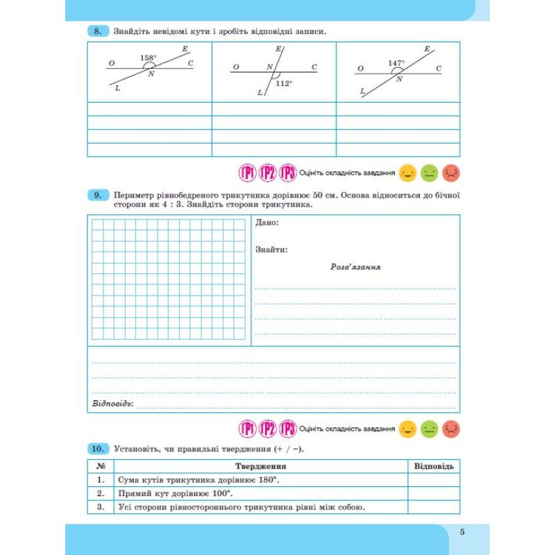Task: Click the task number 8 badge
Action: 98,31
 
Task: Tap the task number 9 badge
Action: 98,196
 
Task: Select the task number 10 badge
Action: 98,449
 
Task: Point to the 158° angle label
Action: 148,58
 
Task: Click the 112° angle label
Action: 284,83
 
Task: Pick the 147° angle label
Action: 396,63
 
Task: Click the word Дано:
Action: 267,223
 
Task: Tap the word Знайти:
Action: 271,249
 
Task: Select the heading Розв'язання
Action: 356,266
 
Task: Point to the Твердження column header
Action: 260,466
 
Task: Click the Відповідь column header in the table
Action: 434,466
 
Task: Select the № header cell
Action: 101,466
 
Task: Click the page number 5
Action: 462,532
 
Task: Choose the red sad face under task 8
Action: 452,171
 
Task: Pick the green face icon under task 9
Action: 429,429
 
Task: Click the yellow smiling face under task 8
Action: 407,171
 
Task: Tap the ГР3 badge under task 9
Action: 288,429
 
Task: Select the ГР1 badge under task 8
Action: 248,172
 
